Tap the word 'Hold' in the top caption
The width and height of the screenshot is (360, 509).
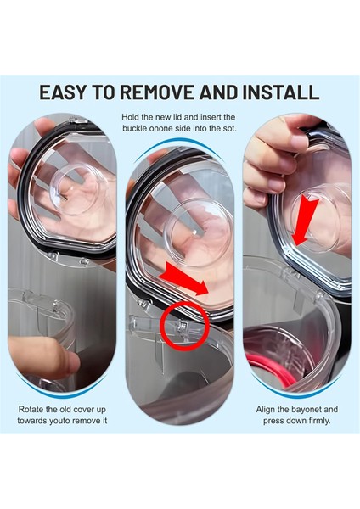pyautogui.click(x=133, y=116)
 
